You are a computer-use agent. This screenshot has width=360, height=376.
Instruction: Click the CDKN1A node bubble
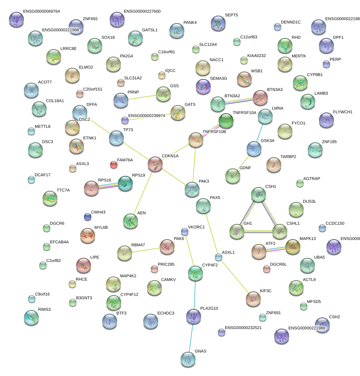[x=155, y=164]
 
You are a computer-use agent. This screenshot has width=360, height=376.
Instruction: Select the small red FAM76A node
[x=114, y=164]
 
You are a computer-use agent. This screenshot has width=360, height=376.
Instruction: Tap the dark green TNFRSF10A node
[x=226, y=121]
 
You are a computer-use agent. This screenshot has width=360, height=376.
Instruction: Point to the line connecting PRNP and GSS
[x=142, y=97]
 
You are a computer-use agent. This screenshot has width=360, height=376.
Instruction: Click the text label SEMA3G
[x=218, y=79]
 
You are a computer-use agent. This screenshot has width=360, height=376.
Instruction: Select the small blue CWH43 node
[x=88, y=217]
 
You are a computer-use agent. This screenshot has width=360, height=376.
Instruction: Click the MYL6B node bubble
[x=88, y=236]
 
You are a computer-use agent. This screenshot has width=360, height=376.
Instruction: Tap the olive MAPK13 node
[x=292, y=246]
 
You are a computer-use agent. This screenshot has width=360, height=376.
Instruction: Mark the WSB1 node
[x=244, y=79]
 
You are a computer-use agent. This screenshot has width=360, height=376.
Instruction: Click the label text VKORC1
[x=196, y=227]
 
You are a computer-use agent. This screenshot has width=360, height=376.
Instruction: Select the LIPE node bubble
[x=84, y=265]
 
